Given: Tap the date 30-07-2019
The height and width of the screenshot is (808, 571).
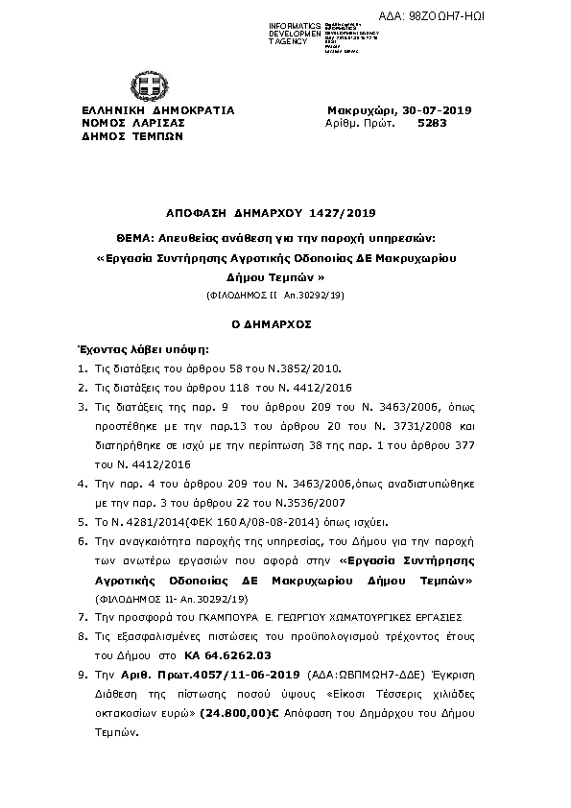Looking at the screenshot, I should point(439,110).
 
